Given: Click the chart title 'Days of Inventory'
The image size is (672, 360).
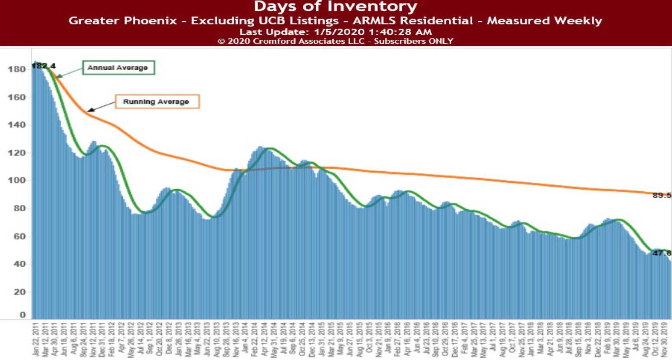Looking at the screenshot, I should pyautogui.click(x=335, y=7).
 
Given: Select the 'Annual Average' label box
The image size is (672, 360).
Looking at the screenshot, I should pyautogui.click(x=118, y=68).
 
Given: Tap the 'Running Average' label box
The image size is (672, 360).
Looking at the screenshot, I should pyautogui.click(x=157, y=101).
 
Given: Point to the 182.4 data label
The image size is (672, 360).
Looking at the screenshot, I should pyautogui.click(x=43, y=66).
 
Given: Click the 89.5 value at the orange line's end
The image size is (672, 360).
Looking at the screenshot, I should pyautogui.click(x=662, y=196).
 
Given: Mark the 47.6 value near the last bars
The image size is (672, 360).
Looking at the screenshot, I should pyautogui.click(x=662, y=253).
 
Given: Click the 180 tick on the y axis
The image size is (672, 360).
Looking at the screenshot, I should pyautogui.click(x=16, y=69).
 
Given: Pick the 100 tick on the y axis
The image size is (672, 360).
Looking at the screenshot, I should pyautogui.click(x=16, y=180).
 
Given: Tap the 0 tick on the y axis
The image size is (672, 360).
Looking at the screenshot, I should pyautogui.click(x=23, y=315).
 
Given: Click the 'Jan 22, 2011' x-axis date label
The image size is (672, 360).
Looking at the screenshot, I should pyautogui.click(x=36, y=339).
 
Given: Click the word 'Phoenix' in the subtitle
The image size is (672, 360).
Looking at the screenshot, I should pyautogui.click(x=154, y=21).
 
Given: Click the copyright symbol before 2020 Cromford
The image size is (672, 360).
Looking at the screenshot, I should pyautogui.click(x=221, y=41).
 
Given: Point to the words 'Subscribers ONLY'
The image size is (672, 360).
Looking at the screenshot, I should pyautogui.click(x=413, y=41).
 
